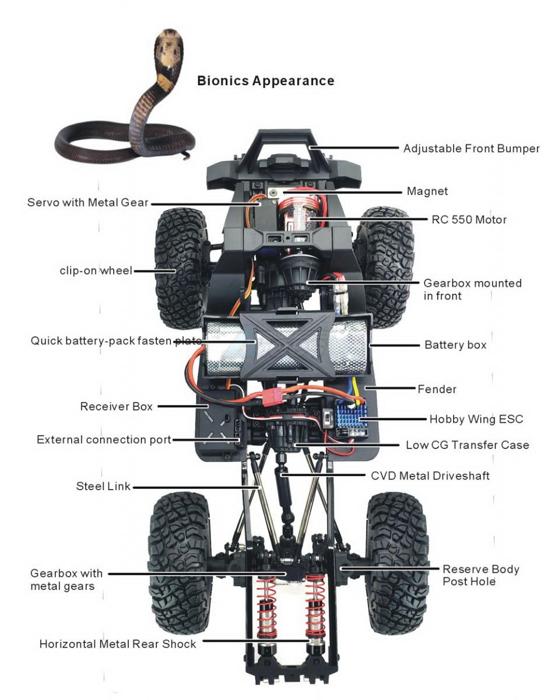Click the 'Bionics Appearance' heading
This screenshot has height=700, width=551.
[265, 80]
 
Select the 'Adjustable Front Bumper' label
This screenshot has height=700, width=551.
[471, 148]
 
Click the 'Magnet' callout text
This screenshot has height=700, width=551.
[427, 191]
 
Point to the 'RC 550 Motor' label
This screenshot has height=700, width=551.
[469, 220]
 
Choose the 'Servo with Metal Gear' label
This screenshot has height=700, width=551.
[88, 202]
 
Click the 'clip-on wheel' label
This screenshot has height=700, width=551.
[96, 271]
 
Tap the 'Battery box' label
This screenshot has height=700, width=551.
[455, 345]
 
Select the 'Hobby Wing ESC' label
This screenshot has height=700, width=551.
[476, 419]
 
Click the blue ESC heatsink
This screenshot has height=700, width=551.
[349, 415]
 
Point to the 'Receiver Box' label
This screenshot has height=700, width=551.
[116, 406]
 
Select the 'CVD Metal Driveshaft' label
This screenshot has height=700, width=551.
[430, 475]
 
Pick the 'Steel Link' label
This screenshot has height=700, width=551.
[103, 486]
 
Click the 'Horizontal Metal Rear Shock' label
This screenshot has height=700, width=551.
[118, 644]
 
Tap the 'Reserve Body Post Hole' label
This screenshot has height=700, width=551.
[480, 575]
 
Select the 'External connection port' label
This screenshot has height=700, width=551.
[104, 439]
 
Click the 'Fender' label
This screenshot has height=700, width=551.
[437, 388]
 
